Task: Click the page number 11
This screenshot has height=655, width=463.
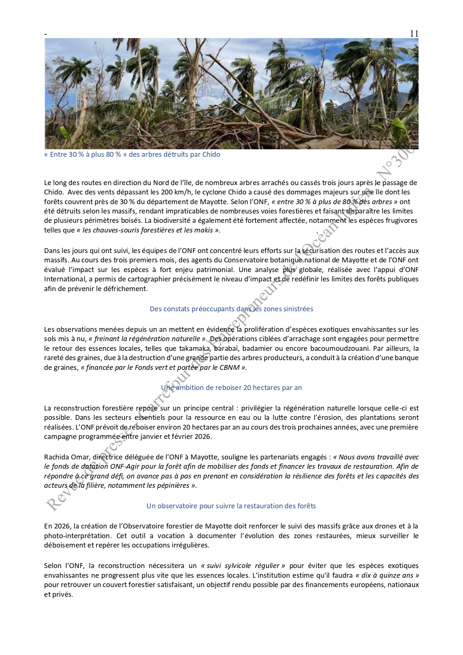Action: (x=414, y=34)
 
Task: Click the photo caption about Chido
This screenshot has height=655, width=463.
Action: (x=132, y=155)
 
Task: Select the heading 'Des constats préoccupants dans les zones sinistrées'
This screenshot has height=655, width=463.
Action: (x=231, y=309)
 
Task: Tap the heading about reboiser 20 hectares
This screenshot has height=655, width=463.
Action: (x=231, y=388)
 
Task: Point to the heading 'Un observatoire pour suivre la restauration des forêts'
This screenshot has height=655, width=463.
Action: (x=231, y=506)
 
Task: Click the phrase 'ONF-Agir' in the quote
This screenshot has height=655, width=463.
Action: (x=124, y=467)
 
